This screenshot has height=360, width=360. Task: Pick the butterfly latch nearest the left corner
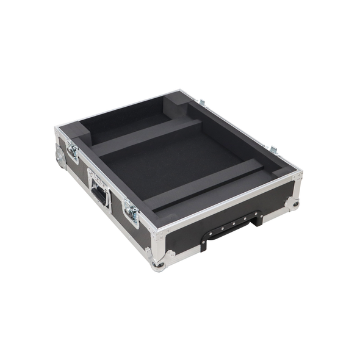tap(73, 149)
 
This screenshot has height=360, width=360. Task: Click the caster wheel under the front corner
tap(159, 264)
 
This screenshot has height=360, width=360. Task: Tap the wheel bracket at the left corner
tap(60, 155)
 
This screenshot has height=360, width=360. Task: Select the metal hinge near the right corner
tap(273, 150)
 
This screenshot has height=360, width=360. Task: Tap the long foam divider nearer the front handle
tap(204, 183)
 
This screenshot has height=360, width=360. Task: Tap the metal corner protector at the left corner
tap(59, 134)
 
